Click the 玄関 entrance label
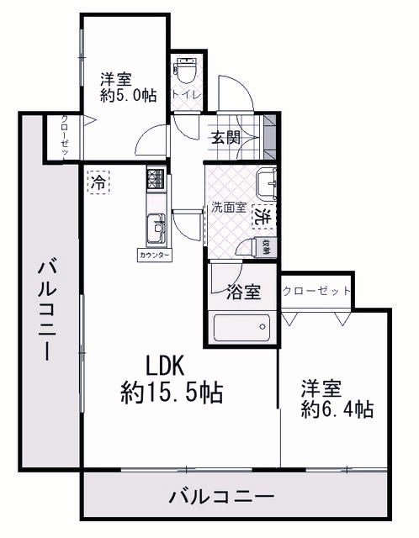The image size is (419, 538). click(x=226, y=138)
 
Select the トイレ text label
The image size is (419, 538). click(x=185, y=95)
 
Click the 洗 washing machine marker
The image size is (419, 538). click(x=264, y=216)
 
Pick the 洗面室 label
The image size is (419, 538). click(x=228, y=208)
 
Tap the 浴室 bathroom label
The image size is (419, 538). click(x=243, y=293)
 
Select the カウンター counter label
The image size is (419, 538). click(x=154, y=254)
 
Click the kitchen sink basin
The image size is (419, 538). click(x=156, y=227)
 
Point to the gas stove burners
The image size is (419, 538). click(x=156, y=179)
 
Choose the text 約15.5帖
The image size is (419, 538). click(x=172, y=391)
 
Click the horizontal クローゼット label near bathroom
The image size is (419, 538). click(x=316, y=292)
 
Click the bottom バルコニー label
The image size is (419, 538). click(x=221, y=498)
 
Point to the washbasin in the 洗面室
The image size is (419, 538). click(x=268, y=179)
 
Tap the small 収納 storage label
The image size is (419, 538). click(x=266, y=247)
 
